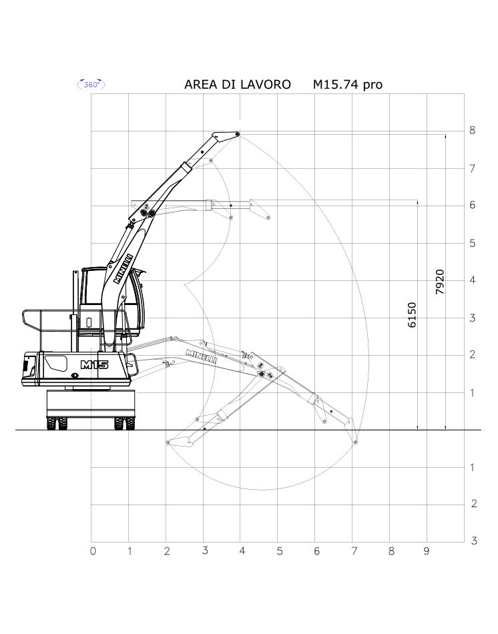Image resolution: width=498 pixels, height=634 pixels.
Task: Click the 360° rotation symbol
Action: [x=91, y=85]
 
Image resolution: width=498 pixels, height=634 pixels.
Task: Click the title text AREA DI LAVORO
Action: [x=238, y=85]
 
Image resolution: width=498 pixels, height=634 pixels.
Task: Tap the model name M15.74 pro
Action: [x=348, y=85]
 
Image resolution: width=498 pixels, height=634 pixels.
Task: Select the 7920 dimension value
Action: [x=440, y=282]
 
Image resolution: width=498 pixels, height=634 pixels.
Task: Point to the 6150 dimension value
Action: [x=411, y=314]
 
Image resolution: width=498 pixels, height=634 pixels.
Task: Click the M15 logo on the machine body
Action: [x=95, y=364]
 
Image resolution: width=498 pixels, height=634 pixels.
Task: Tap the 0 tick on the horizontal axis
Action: [x=93, y=551]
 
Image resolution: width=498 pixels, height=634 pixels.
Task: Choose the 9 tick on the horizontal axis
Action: [x=427, y=551]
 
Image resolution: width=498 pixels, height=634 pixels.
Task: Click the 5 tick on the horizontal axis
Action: [x=280, y=551]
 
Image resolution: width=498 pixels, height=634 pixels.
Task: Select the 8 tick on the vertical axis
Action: [x=472, y=130]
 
